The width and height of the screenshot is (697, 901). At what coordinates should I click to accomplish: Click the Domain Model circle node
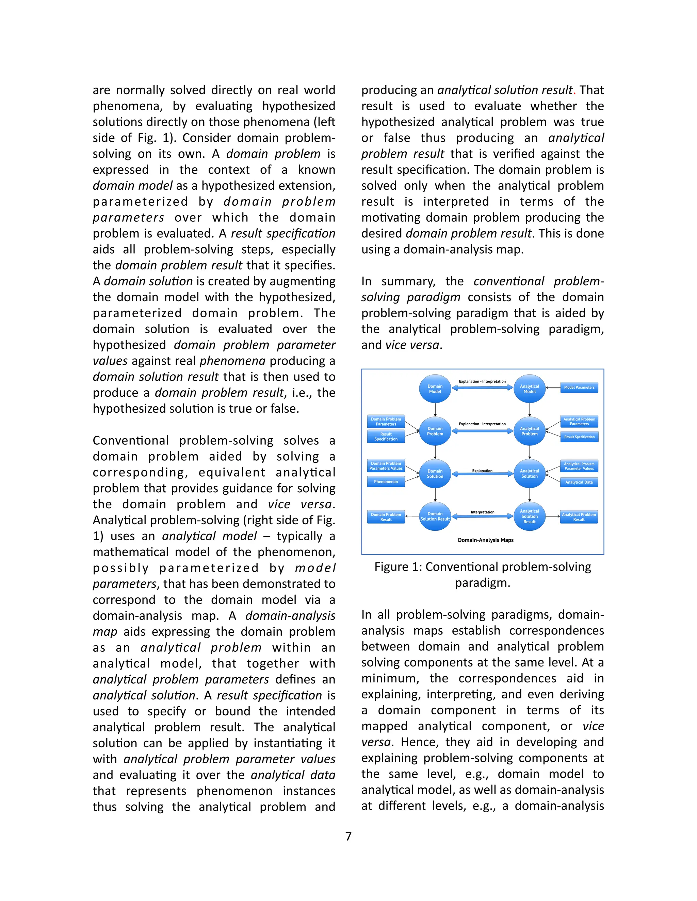point(435,389)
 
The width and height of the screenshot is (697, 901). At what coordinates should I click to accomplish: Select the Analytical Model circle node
point(529,389)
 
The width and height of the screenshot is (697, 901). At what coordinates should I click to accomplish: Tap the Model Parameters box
point(579,387)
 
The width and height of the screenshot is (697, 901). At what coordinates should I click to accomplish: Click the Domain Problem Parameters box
point(386,421)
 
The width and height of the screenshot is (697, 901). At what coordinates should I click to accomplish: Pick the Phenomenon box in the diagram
point(386,481)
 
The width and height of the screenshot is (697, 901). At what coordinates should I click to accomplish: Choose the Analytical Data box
point(579,482)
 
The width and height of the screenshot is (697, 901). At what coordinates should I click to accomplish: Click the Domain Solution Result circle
point(435,516)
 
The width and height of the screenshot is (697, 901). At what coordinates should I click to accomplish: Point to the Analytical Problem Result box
point(579,517)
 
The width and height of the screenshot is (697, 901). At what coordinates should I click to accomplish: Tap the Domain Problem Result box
point(386,517)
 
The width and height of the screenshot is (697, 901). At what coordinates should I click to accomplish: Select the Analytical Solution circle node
point(529,474)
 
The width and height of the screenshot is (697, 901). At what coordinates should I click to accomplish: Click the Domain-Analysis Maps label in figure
point(486,540)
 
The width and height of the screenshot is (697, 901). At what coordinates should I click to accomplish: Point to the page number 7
point(348,836)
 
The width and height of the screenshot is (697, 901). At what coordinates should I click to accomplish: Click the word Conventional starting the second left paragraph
point(130,441)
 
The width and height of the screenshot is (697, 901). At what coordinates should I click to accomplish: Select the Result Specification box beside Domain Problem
point(386,437)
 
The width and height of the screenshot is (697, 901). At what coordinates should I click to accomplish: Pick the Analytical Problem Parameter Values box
point(579,466)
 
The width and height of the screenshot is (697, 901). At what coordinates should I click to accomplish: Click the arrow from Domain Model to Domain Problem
point(435,410)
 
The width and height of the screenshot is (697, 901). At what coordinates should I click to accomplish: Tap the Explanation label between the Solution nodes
point(482,471)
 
